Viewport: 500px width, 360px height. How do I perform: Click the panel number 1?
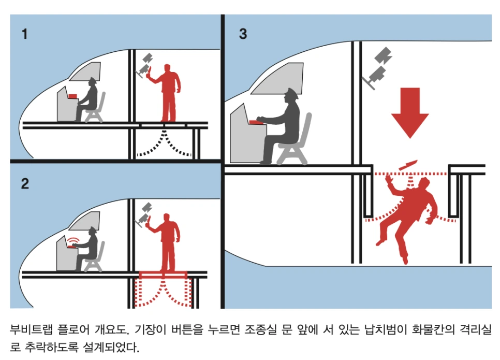(x=24, y=35)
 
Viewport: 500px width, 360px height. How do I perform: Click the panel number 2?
(x=25, y=183)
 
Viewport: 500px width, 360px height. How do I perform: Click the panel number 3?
(x=243, y=35)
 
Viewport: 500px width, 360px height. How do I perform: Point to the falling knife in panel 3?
(x=407, y=165)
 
